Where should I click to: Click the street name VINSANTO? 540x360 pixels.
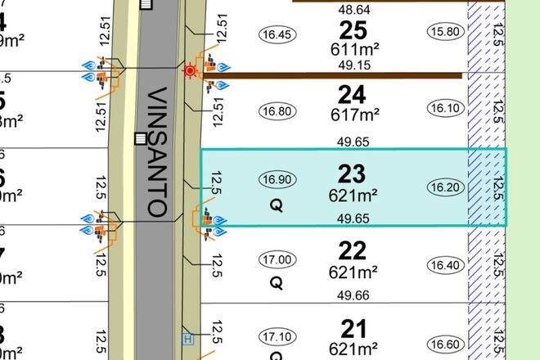pyautogui.click(x=158, y=151)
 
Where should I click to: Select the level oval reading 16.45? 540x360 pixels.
pyautogui.click(x=275, y=34)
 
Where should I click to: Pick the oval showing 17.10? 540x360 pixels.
pyautogui.click(x=275, y=336)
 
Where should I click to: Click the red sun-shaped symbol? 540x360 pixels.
pyautogui.click(x=191, y=70)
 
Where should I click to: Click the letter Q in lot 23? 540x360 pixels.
pyautogui.click(x=276, y=208)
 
